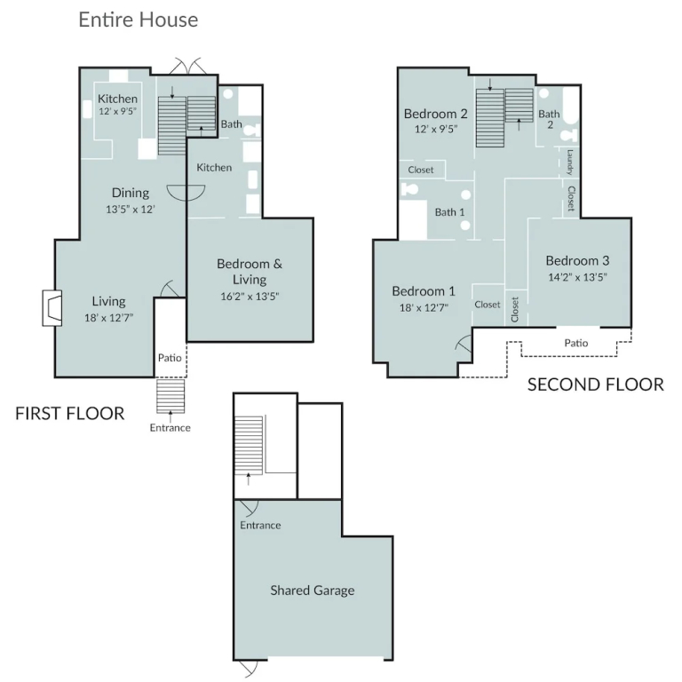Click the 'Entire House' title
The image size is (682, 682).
click(139, 20)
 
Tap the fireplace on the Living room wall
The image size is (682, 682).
click(52, 308)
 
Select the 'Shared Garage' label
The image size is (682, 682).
click(313, 591)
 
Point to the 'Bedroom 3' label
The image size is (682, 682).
click(577, 260)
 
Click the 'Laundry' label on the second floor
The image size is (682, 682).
click(569, 163)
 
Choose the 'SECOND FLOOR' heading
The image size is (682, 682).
click(596, 385)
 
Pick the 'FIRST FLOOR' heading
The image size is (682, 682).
click(70, 413)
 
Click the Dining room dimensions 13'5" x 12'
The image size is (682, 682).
click(131, 210)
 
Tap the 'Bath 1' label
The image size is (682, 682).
click(449, 212)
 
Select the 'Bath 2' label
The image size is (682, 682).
click(550, 119)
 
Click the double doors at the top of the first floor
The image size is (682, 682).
click(187, 66)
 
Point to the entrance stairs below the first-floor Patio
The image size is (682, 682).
click(170, 396)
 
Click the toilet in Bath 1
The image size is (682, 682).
click(408, 189)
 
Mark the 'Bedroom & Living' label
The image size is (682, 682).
click(250, 272)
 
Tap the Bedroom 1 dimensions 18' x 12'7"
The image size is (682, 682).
click(424, 308)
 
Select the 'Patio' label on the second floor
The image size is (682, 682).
click(575, 343)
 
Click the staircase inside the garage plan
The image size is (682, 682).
click(249, 446)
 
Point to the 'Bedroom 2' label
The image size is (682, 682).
click(435, 114)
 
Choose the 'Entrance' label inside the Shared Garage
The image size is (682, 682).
click(260, 525)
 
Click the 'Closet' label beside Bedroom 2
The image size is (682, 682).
click(421, 170)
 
